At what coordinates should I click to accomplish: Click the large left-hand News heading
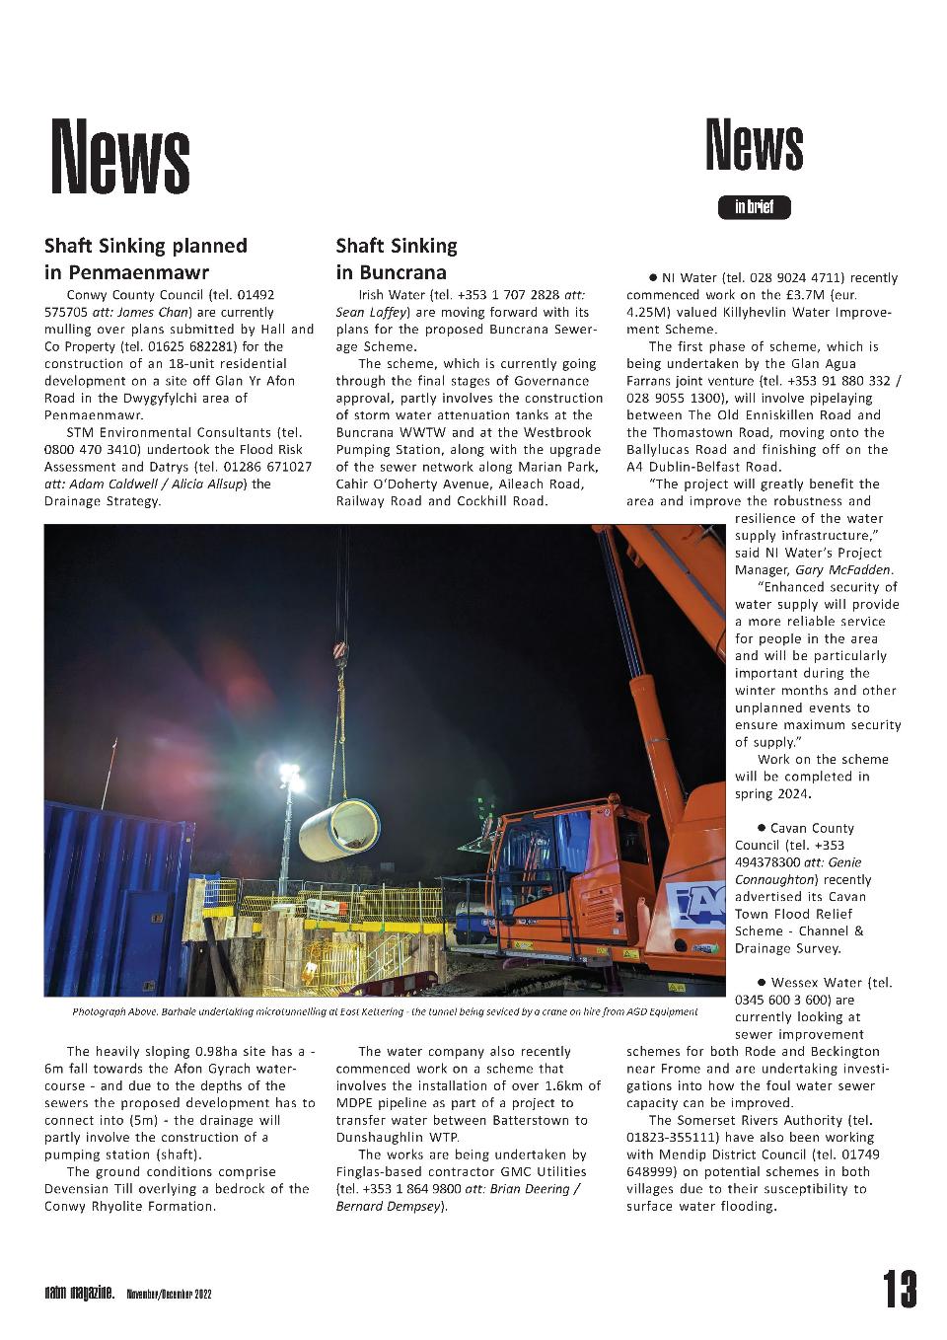click(x=120, y=156)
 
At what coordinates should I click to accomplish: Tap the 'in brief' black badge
click(x=755, y=207)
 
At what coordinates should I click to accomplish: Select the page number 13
click(x=900, y=1289)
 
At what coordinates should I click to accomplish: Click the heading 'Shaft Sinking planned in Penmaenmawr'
click(x=146, y=259)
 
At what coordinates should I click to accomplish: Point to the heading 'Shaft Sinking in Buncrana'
click(x=397, y=259)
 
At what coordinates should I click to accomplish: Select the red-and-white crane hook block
click(x=340, y=651)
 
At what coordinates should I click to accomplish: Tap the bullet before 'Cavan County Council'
click(x=762, y=828)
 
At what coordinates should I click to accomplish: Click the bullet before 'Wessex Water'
click(x=762, y=982)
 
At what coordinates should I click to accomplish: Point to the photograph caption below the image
click(x=385, y=1011)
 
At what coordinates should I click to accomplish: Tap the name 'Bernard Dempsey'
click(x=391, y=1206)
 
